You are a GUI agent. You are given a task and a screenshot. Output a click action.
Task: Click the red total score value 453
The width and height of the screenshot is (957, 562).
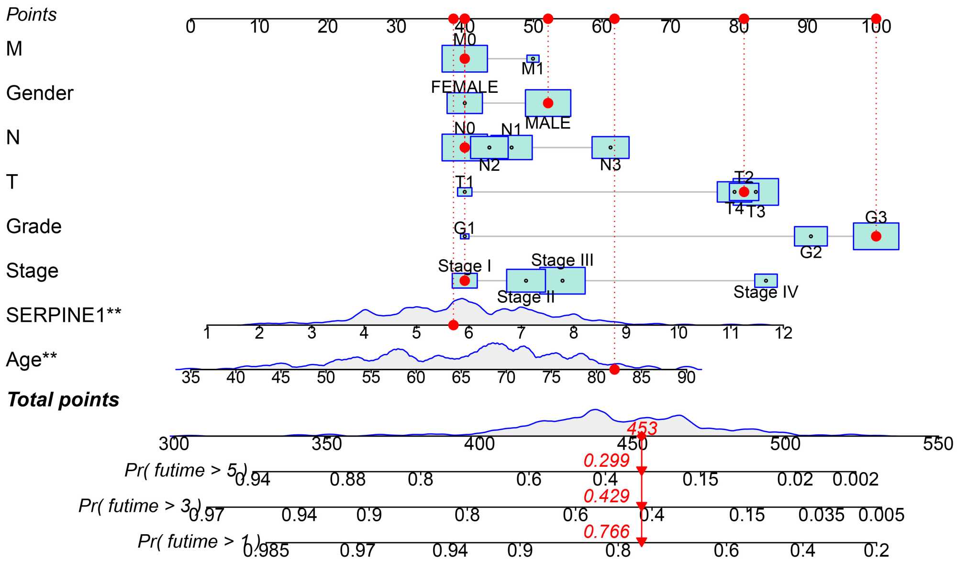click(642, 428)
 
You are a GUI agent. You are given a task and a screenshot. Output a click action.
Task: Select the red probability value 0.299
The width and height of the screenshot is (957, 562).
click(606, 460)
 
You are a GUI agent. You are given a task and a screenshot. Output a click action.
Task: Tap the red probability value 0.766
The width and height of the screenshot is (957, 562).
click(606, 531)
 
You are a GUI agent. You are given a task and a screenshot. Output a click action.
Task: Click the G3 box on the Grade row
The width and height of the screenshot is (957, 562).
click(876, 236)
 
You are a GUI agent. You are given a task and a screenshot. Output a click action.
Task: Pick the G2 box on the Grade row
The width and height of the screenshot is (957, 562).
click(811, 236)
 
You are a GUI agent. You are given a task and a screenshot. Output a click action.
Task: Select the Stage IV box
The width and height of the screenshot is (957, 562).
click(766, 281)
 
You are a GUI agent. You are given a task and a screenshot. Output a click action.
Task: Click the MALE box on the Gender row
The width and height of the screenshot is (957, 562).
click(548, 103)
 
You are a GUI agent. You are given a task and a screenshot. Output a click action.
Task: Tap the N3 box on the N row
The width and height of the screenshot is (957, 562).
click(610, 147)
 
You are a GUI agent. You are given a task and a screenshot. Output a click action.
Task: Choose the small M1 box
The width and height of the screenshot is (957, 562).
click(533, 59)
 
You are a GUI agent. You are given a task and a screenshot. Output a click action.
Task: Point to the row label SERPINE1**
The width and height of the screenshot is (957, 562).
click(64, 315)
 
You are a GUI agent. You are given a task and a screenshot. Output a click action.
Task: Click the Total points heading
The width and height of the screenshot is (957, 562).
click(63, 400)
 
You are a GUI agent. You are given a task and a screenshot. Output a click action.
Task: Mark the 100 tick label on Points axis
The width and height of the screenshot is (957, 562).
click(876, 27)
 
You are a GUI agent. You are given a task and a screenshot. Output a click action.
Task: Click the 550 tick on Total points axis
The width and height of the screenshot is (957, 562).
click(938, 444)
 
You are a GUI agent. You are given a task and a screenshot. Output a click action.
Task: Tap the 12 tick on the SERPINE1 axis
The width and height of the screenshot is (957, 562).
click(783, 332)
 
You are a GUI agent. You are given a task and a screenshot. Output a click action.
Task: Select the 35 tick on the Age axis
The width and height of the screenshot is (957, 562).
click(190, 377)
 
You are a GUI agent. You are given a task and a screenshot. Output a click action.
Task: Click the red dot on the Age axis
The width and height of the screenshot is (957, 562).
click(615, 369)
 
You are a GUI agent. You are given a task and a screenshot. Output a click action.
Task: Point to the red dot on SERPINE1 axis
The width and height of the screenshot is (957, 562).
click(453, 325)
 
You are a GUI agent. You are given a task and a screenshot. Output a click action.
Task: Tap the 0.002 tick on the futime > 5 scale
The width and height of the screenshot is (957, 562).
click(856, 479)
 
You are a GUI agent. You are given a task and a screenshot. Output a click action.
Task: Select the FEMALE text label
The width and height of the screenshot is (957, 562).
click(464, 87)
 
